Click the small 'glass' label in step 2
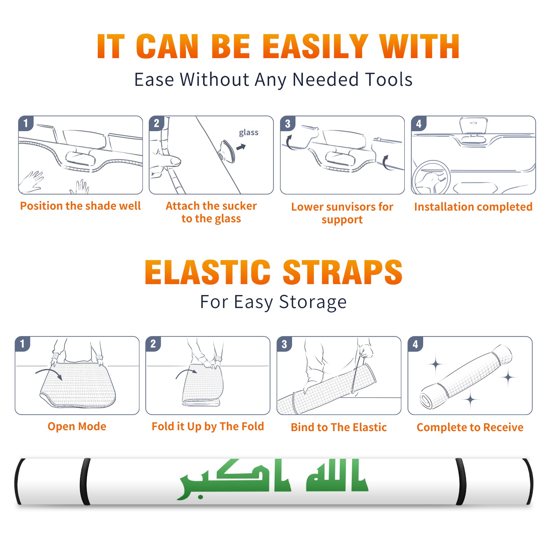(249, 133)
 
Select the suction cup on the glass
(227, 151)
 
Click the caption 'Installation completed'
(473, 206)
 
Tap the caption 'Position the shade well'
(80, 206)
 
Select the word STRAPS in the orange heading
(343, 272)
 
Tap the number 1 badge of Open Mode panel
(23, 344)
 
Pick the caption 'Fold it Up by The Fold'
(208, 426)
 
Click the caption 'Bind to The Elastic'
(339, 427)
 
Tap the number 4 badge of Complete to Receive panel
(415, 344)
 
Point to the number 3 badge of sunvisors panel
(288, 123)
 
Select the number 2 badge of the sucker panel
(157, 123)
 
